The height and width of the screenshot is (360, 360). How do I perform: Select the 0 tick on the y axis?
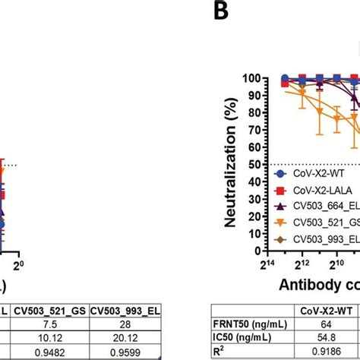point(259,250)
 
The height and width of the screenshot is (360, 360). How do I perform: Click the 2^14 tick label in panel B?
point(268,263)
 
